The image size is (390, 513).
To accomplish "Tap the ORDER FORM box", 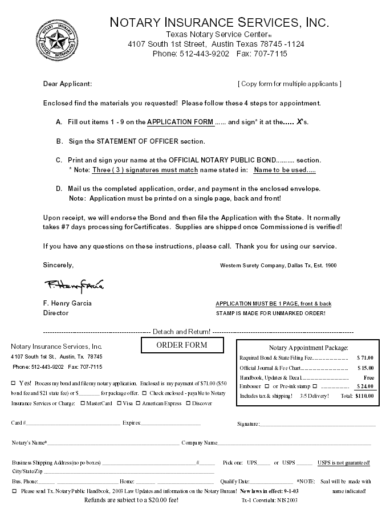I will [x=182, y=345].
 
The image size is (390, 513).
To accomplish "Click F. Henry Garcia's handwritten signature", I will [x=74, y=284].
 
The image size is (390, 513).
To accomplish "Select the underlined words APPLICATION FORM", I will [x=181, y=122].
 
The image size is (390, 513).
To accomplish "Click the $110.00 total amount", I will [x=364, y=395].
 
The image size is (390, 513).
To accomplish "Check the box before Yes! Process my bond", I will [x=13, y=383].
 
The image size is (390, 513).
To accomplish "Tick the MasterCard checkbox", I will [x=83, y=404].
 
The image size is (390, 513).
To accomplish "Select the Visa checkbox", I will [x=119, y=404].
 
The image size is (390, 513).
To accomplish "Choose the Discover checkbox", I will [x=188, y=404].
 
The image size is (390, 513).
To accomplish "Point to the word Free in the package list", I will [x=368, y=377].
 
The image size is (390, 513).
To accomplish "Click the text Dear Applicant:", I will [x=67, y=84].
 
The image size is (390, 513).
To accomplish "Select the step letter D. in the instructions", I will [x=59, y=188].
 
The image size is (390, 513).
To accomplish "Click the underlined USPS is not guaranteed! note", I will [x=343, y=462].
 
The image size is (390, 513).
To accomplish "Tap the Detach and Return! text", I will [x=181, y=331].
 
